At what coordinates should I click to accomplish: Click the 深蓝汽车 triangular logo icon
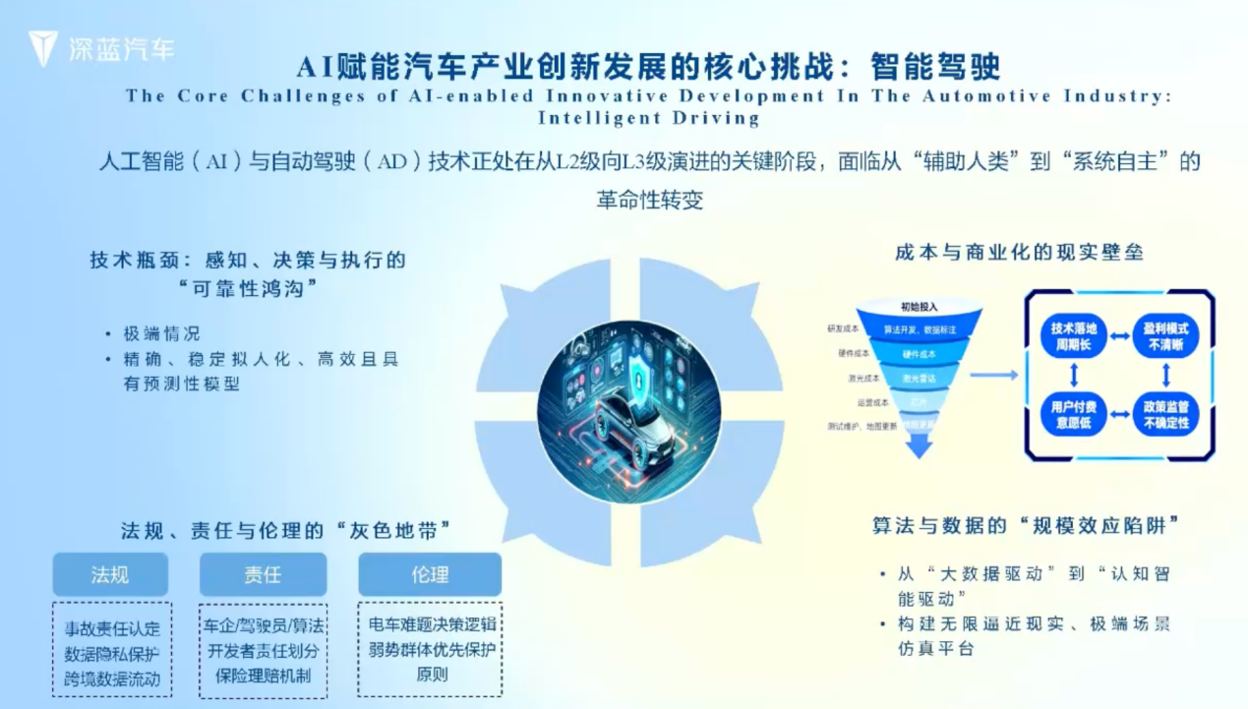coord(42,48)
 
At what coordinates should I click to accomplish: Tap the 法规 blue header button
coord(110,574)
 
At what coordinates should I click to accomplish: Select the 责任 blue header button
coord(263,574)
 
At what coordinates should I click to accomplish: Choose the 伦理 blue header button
coord(430,574)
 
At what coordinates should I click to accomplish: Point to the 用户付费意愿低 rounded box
coord(1073,414)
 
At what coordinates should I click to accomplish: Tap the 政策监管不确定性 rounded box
coord(1165,414)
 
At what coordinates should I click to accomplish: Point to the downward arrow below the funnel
coord(919,446)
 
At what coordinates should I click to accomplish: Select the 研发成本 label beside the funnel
coord(846,327)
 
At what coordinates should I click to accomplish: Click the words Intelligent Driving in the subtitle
coord(648,118)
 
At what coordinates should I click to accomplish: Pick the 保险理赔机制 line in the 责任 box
coord(263,676)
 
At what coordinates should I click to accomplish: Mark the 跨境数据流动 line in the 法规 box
coord(112,679)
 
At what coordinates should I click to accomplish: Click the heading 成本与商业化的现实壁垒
coord(1019,253)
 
